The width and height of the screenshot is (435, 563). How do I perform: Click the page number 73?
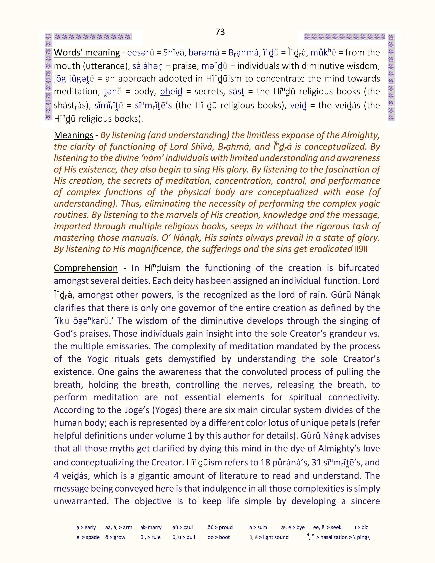[220, 32]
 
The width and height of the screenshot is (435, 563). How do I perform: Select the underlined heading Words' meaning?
[87, 52]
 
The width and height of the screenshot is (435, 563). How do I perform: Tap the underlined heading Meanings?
[74, 135]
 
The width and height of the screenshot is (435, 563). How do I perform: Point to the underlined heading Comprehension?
[86, 268]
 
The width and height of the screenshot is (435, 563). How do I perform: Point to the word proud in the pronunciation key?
[226, 527]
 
